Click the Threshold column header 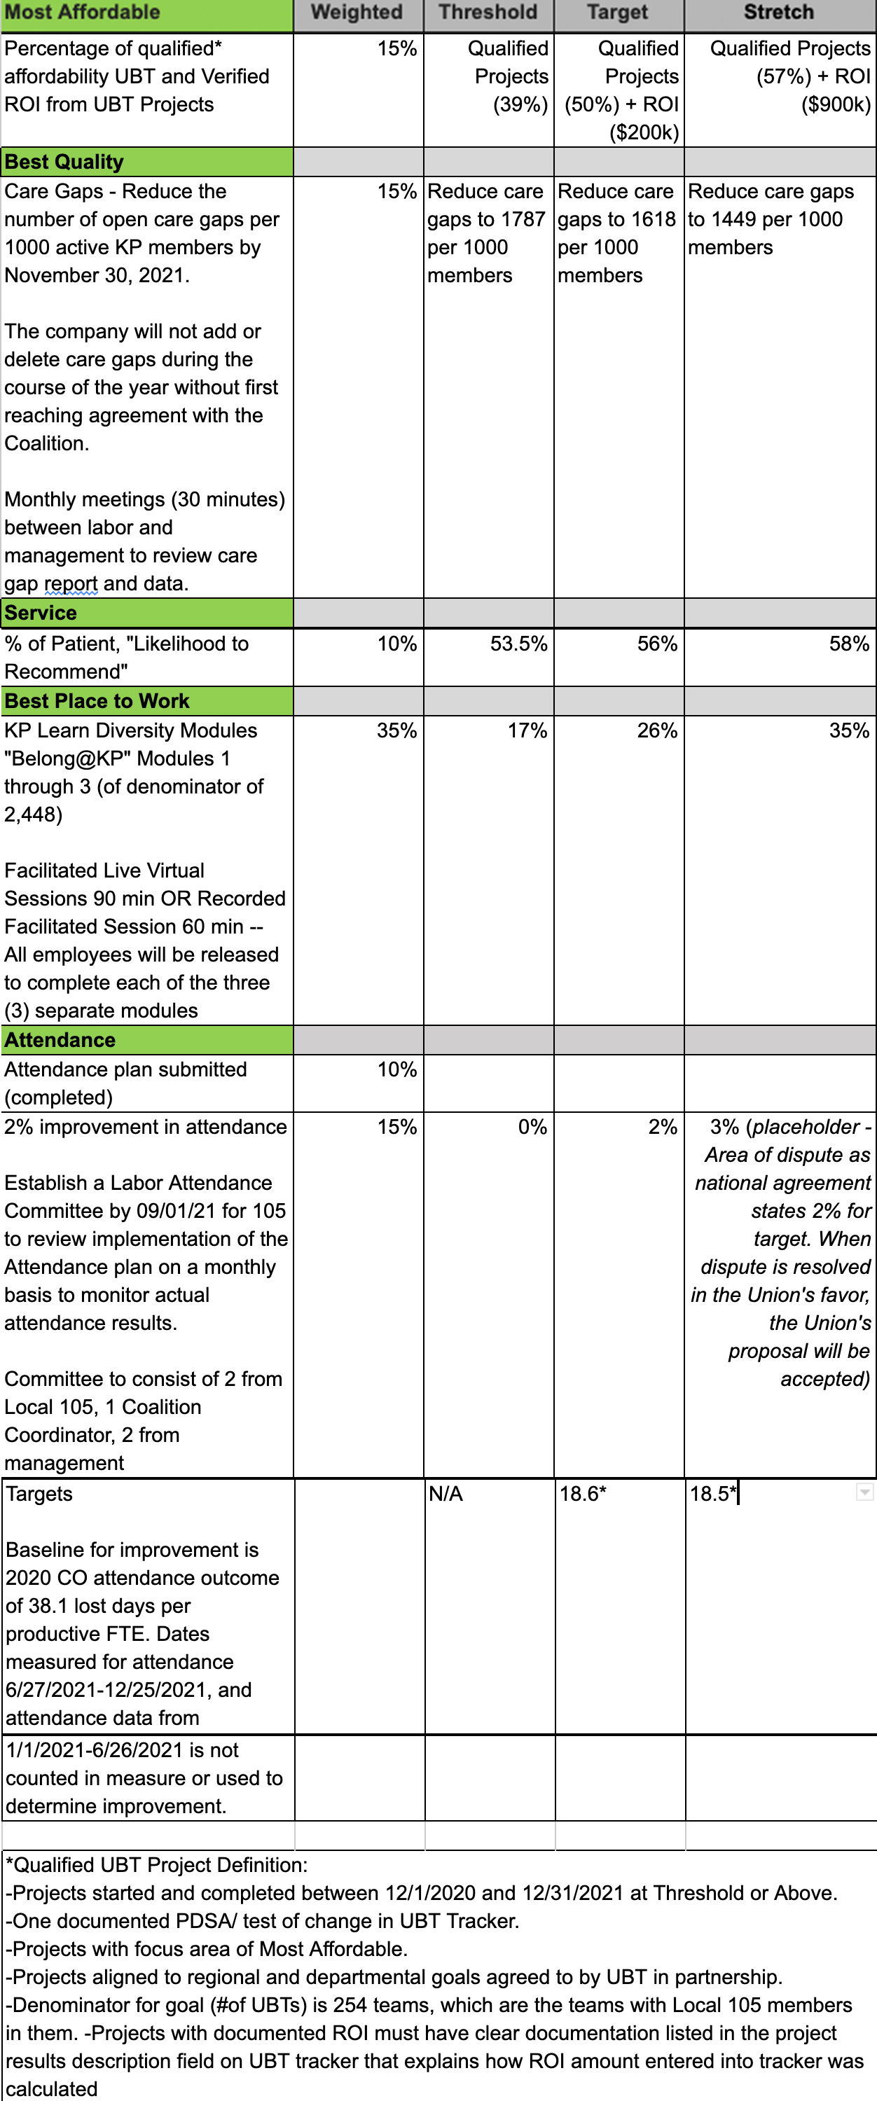(488, 12)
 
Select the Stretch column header (778, 12)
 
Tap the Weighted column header (357, 12)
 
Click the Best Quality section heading (64, 162)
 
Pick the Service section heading (41, 613)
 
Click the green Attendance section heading (60, 1040)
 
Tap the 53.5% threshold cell (518, 644)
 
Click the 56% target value (657, 644)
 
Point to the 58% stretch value (848, 644)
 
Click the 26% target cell (657, 730)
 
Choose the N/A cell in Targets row (446, 1493)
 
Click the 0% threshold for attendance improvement (532, 1126)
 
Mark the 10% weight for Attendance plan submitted (396, 1069)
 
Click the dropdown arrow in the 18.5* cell (864, 1492)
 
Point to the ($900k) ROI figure (836, 104)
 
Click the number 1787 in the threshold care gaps (523, 219)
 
